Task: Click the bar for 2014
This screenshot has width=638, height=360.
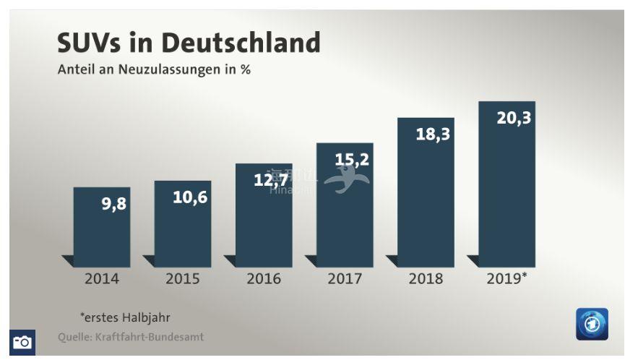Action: [101, 227]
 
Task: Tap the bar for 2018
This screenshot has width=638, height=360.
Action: [426, 195]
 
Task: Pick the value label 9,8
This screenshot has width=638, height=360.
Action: [113, 204]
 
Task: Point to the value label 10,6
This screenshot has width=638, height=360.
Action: [189, 197]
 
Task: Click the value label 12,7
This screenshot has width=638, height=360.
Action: [271, 179]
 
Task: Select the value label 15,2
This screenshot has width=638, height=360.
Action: [352, 159]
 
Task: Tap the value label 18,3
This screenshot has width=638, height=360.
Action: [433, 134]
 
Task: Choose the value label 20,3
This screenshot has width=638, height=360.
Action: [514, 117]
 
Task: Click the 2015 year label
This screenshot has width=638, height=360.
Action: [183, 278]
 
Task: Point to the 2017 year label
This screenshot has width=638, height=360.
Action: [345, 278]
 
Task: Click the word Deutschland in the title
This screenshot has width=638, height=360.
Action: [241, 43]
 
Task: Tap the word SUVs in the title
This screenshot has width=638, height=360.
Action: [92, 43]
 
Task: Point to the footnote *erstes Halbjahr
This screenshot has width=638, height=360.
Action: [125, 317]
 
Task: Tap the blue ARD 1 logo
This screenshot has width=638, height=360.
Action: [592, 324]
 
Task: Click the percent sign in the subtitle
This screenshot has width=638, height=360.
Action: [245, 71]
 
